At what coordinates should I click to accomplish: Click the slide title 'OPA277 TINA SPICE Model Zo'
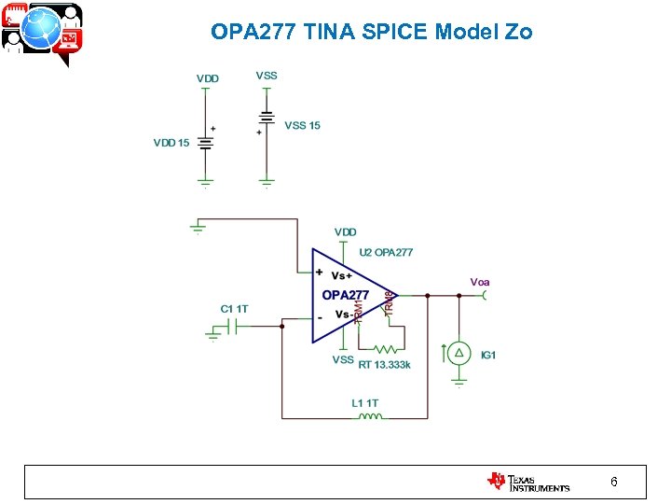(372, 32)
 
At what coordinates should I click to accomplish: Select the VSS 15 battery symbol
(267, 119)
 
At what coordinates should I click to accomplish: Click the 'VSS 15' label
(302, 125)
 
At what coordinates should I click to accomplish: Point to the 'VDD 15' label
(171, 143)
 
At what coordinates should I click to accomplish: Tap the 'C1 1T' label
(234, 308)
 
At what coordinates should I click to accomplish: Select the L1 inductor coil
(370, 416)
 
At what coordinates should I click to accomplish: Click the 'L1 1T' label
(365, 403)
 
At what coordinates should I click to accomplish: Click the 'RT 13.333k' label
(384, 364)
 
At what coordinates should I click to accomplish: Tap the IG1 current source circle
(459, 353)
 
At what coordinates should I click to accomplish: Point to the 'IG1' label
(488, 355)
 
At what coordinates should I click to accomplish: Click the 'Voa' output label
(480, 281)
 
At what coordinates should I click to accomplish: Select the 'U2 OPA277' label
(387, 252)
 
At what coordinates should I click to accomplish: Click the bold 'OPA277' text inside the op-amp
(345, 295)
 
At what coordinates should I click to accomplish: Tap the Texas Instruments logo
(527, 482)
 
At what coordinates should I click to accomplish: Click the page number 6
(613, 482)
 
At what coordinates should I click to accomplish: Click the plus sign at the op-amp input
(320, 273)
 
